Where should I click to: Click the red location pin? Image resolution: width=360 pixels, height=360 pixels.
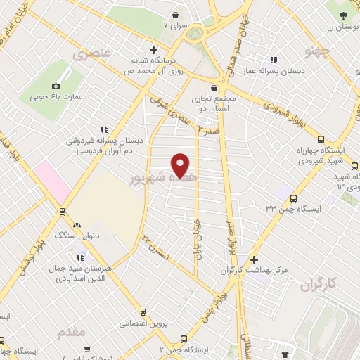[x=181, y=165]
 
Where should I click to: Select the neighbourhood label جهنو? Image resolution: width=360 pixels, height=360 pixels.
[x=317, y=51]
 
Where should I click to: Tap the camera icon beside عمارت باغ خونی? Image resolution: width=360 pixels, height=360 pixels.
[x=56, y=86]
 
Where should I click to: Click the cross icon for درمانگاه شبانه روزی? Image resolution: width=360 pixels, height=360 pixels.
[x=163, y=51]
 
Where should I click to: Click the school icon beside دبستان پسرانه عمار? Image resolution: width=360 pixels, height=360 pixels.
[x=274, y=60]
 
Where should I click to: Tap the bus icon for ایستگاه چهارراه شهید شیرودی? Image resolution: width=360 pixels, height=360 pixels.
[x=321, y=139]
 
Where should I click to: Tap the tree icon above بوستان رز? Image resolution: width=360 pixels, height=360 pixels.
[x=342, y=15]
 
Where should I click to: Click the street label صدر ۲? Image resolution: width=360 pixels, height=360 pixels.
[x=208, y=130]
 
